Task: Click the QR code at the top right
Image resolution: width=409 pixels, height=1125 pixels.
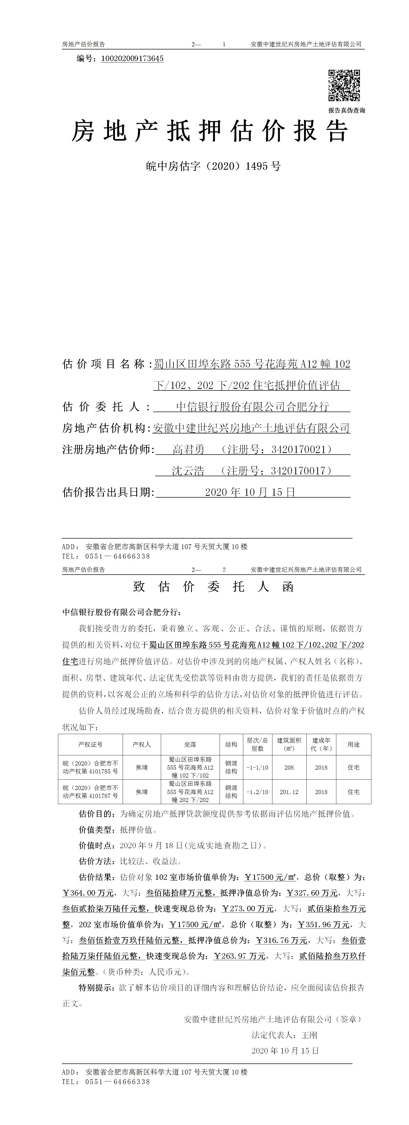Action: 344,85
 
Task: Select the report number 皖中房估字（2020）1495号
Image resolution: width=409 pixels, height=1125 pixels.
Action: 213,166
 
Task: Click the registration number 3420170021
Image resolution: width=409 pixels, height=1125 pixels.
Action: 299,449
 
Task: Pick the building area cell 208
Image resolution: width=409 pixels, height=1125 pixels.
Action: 289,767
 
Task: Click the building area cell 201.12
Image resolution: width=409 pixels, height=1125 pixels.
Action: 289,792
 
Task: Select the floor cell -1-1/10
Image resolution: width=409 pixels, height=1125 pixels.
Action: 257,767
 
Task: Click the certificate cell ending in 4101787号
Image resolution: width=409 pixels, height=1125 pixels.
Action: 90,792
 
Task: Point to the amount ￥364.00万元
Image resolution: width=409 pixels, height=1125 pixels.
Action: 88,893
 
